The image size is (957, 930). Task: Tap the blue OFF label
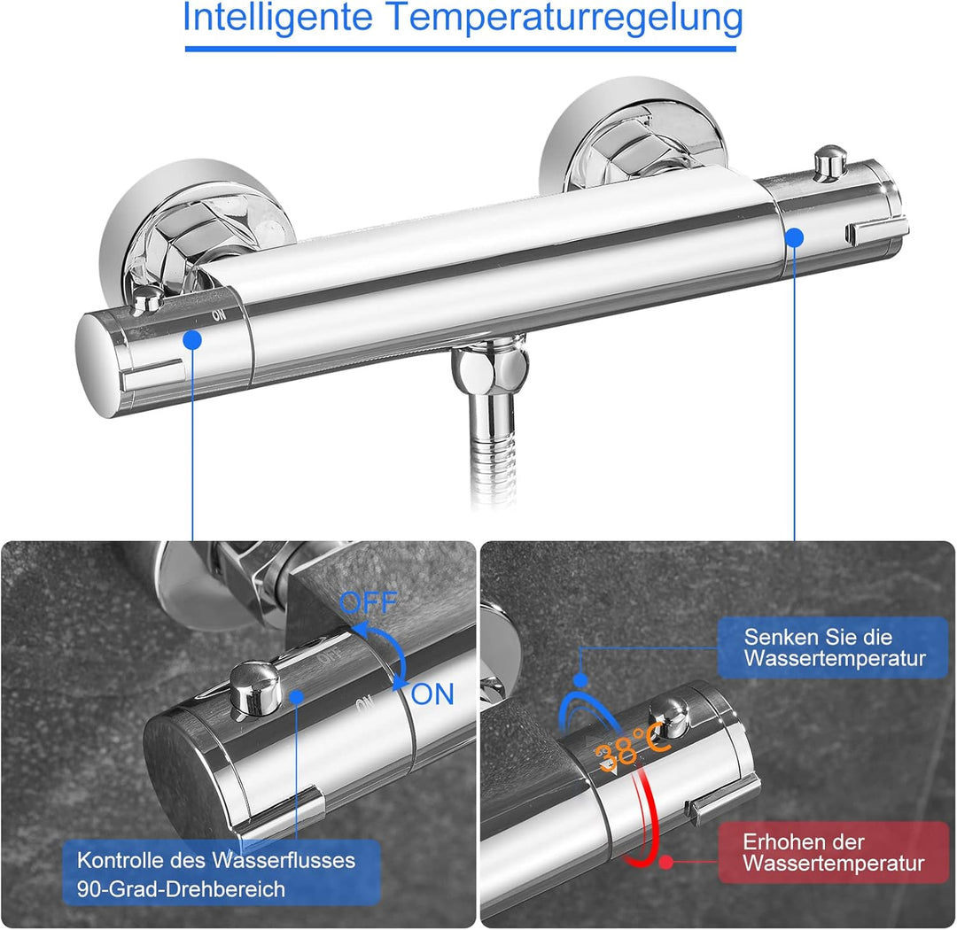coord(369,604)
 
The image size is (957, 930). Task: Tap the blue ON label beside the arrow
coord(432,694)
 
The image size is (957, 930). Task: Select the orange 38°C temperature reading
coord(630,749)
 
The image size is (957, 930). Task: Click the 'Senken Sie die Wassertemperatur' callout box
coord(833,648)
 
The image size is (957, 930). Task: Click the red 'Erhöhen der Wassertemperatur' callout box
coord(833,852)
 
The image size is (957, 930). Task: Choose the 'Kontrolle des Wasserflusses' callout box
coord(222,872)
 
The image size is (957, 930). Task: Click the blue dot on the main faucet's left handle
coord(192,339)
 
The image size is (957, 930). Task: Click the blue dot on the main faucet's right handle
coord(794,237)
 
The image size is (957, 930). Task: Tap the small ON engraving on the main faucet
coord(218,314)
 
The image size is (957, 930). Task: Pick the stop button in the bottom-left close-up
coord(255,686)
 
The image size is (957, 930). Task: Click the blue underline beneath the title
coord(461,48)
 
